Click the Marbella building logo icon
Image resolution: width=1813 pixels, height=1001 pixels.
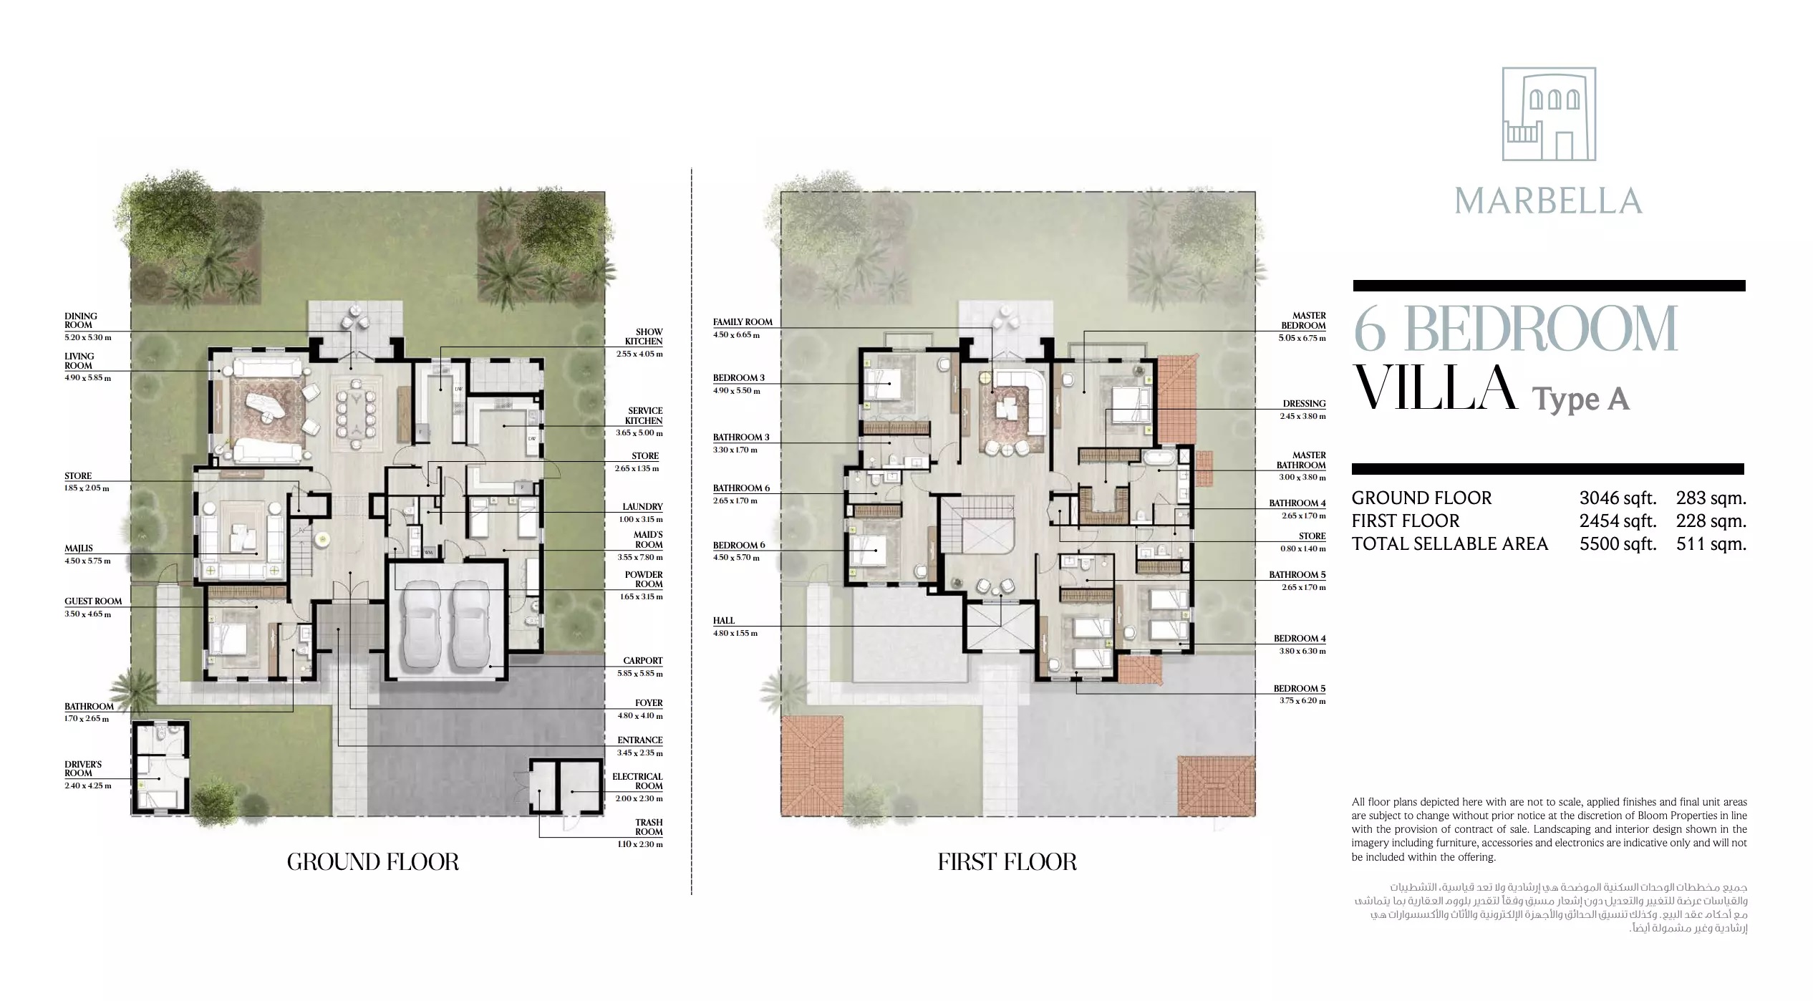point(1548,114)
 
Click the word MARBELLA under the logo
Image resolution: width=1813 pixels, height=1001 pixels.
point(1548,201)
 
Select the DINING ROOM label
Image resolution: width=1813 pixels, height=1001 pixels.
point(81,321)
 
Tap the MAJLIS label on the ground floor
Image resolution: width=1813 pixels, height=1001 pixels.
point(79,548)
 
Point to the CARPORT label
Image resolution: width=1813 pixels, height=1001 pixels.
point(642,661)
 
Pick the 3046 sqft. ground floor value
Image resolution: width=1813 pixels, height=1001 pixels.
point(1618,498)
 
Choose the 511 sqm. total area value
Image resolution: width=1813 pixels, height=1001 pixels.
point(1711,544)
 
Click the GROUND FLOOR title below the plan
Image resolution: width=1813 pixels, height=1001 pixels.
point(372,862)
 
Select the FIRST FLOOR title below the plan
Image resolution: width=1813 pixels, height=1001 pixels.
point(1007,862)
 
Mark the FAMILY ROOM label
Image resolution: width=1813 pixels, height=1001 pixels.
point(743,322)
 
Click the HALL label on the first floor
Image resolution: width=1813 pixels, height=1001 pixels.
point(724,621)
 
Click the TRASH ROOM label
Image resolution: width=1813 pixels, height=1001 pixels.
point(649,827)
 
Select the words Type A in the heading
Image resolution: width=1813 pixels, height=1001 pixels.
point(1580,399)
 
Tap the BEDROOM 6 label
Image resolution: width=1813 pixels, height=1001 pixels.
point(739,546)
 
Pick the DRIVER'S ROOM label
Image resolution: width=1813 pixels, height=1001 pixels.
point(83,769)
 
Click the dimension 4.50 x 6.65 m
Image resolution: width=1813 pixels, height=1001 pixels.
point(736,335)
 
